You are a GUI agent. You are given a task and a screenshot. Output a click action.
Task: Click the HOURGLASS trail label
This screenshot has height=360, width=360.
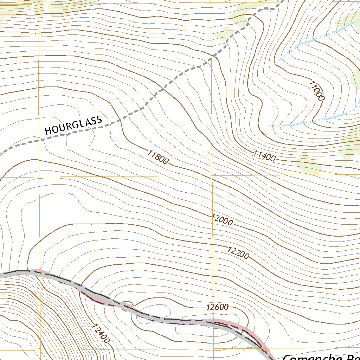tap(73, 124)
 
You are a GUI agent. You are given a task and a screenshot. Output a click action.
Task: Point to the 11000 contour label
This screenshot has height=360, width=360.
tap(316, 91)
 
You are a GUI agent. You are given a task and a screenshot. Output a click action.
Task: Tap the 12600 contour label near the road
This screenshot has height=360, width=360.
tap(218, 307)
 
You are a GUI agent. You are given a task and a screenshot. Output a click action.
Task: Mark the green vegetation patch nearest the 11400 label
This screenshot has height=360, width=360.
tap(309, 163)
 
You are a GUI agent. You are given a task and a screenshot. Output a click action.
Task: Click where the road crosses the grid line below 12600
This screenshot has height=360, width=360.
tap(212, 321)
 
